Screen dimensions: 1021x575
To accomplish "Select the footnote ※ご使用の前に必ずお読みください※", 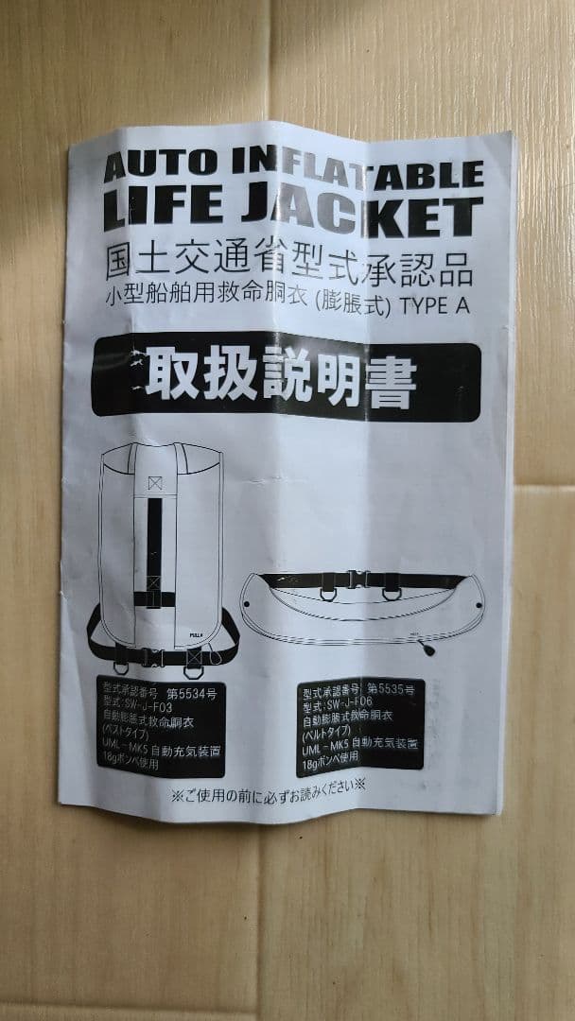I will tap(267, 785).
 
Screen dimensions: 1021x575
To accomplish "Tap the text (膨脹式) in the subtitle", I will tap(360, 305).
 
